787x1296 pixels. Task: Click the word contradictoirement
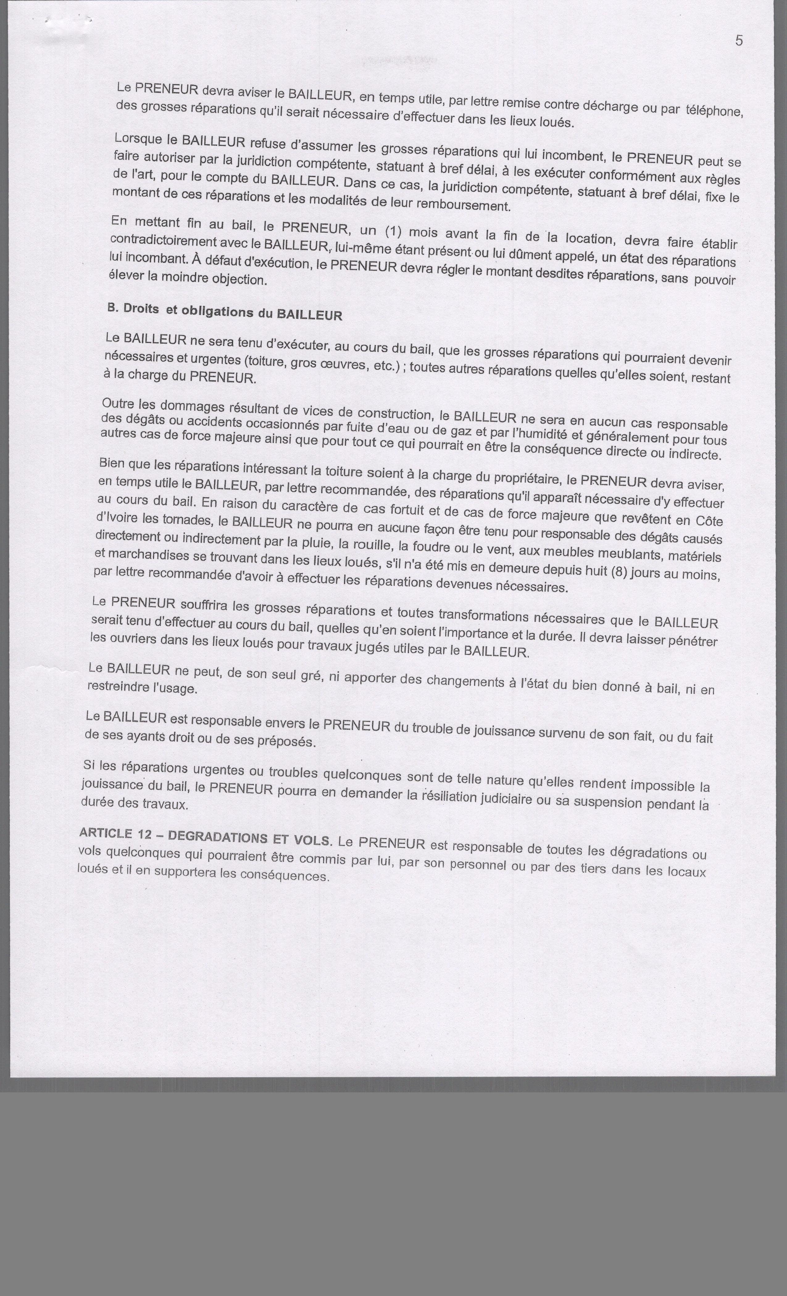164,241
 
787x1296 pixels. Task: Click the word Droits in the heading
141,309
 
